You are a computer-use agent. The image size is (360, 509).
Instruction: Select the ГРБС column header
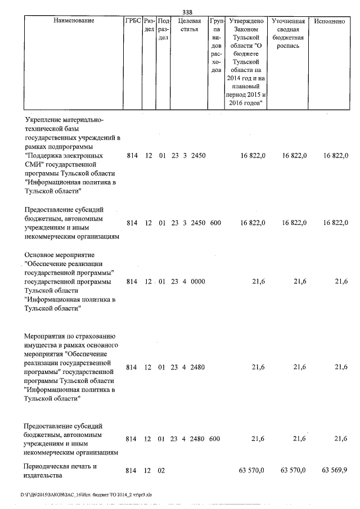coord(132,21)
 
